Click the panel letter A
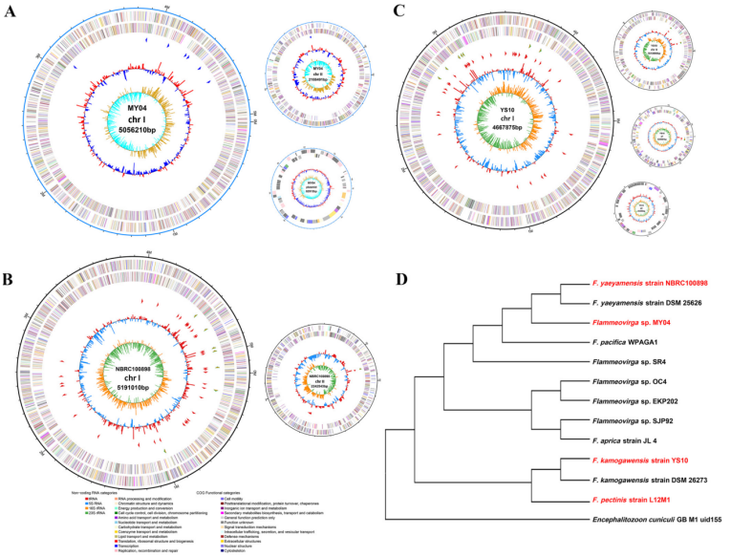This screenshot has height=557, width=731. [12, 12]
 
